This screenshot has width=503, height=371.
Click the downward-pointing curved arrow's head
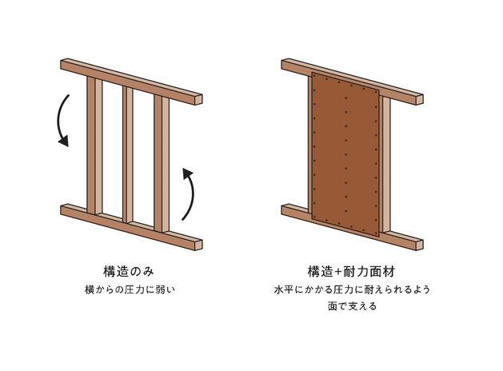tap(64, 141)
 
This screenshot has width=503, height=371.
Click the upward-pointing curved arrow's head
tap(187, 174)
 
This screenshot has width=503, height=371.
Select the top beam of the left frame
tap(131, 82)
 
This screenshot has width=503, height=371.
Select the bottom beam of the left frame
tap(131, 227)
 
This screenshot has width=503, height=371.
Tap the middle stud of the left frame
tap(128, 154)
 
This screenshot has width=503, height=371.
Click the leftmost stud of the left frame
tap(94, 146)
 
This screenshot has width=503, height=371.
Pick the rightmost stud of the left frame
tap(162, 164)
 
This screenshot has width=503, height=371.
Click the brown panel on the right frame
tap(345, 154)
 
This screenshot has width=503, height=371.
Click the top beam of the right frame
tap(352, 82)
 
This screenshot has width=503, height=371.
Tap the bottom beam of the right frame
tap(352, 227)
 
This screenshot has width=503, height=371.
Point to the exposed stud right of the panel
tap(386, 164)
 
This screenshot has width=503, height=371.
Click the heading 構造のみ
tap(129, 272)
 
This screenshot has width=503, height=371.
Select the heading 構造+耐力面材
tap(351, 272)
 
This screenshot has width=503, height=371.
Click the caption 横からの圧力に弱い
tap(130, 289)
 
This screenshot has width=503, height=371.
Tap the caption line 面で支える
tap(352, 306)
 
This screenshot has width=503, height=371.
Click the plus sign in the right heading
tap(338, 272)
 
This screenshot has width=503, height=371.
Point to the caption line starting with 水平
tap(352, 289)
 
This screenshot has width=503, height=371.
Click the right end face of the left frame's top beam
tap(198, 99)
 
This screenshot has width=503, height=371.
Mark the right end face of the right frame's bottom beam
tap(420, 245)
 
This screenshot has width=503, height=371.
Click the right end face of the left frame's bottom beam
tap(198, 245)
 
